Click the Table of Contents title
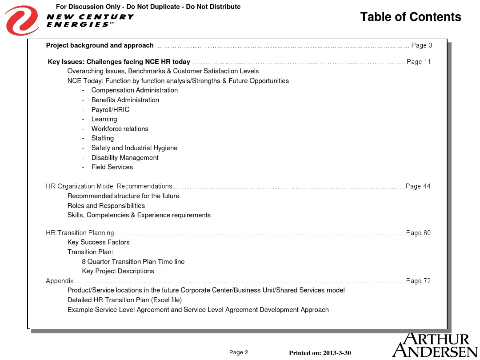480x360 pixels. pyautogui.click(x=410, y=17)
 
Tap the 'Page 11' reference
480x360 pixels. pyautogui.click(x=419, y=62)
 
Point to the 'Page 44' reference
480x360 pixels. pyautogui.click(x=418, y=186)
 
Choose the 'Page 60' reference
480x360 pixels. pyautogui.click(x=418, y=233)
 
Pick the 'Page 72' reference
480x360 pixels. pyautogui.click(x=418, y=281)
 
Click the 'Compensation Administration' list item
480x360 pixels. pyautogui.click(x=134, y=90)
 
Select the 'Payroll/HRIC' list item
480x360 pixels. pyautogui.click(x=110, y=110)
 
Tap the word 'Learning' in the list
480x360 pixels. pyautogui.click(x=104, y=119)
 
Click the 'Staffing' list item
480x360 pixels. pyautogui.click(x=103, y=138)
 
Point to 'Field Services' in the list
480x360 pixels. pyautogui.click(x=112, y=167)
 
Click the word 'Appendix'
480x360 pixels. pyautogui.click(x=60, y=281)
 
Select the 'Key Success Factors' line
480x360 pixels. pyautogui.click(x=98, y=242)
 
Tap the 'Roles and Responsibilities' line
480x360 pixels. pyautogui.click(x=106, y=206)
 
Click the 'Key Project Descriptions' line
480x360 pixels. pyautogui.click(x=118, y=271)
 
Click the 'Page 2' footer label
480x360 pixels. pyautogui.click(x=239, y=352)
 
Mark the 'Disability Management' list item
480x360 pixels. pyautogui.click(x=125, y=158)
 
